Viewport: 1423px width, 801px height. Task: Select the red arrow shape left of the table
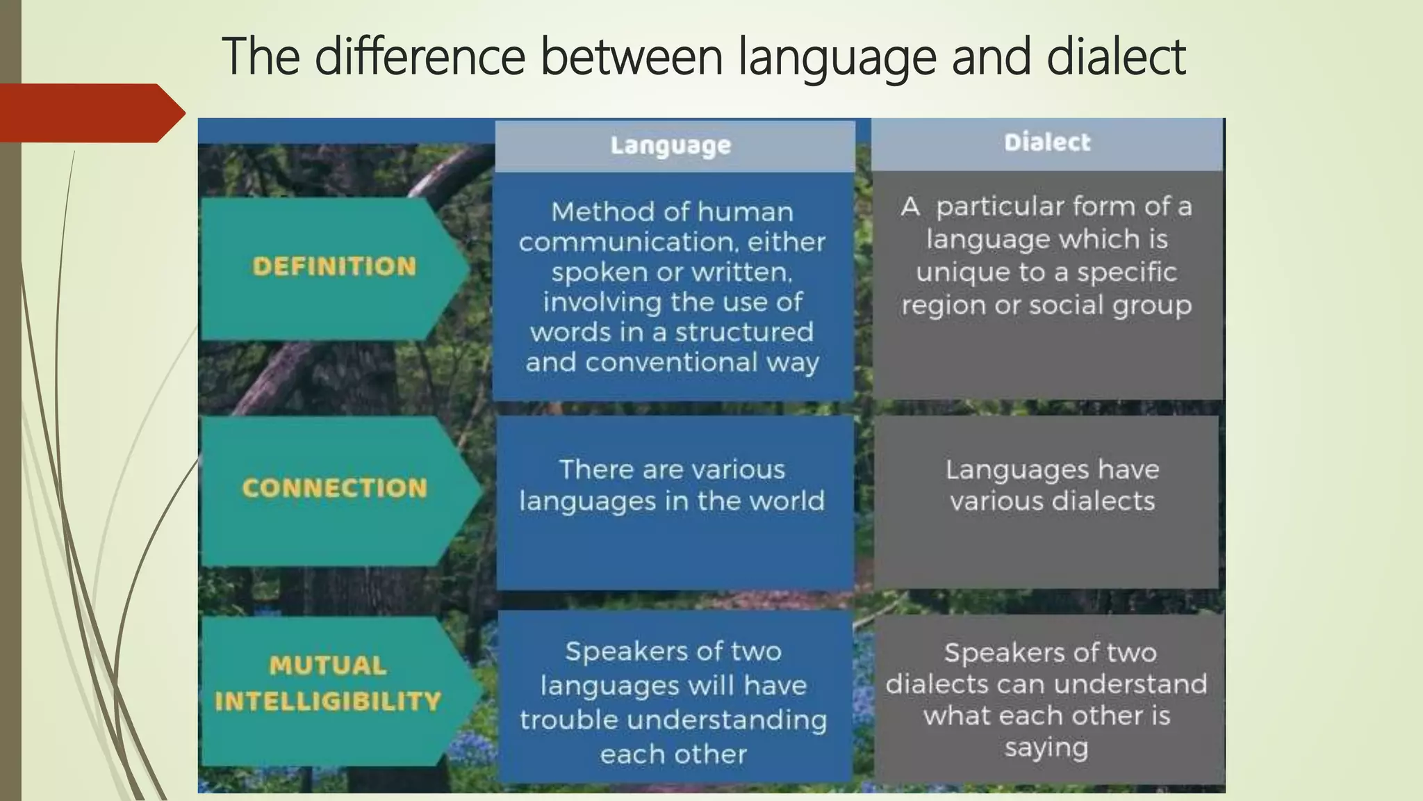click(x=90, y=113)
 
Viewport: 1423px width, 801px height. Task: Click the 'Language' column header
click(x=671, y=145)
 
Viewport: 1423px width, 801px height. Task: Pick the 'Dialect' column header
click(x=1047, y=143)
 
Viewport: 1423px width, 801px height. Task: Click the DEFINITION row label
click(x=334, y=266)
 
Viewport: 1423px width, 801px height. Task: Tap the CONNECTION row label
click(x=334, y=488)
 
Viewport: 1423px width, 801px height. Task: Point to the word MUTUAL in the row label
click(x=328, y=665)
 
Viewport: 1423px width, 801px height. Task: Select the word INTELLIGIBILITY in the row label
click(x=328, y=701)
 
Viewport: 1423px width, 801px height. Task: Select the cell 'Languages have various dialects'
click(x=1052, y=485)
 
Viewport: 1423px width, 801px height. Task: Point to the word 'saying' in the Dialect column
click(x=1046, y=747)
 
